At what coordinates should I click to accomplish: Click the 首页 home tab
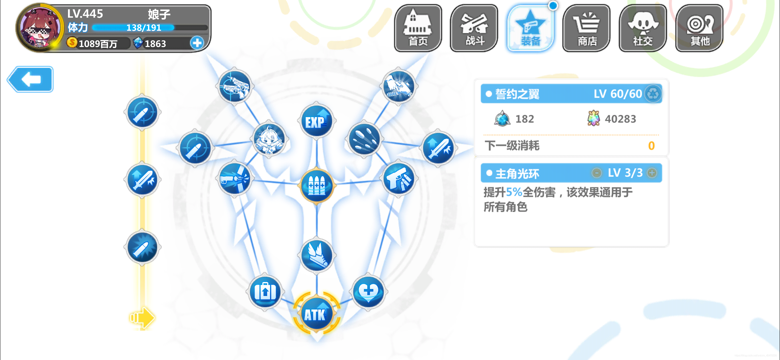tap(418, 28)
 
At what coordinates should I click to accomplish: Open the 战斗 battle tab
tap(474, 28)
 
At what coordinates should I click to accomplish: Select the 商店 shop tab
tap(587, 28)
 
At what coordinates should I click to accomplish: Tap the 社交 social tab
tap(643, 28)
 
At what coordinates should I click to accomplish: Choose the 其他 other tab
tap(699, 28)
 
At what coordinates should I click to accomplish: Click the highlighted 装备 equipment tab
tap(530, 28)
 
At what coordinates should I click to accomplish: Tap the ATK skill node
tap(316, 314)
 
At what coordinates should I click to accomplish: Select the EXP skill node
tap(316, 121)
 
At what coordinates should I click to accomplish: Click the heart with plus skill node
tap(368, 292)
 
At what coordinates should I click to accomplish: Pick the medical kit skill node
tap(265, 292)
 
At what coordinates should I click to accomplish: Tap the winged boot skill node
tap(317, 255)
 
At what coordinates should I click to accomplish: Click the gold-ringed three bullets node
tap(317, 185)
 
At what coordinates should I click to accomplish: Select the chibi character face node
tap(269, 139)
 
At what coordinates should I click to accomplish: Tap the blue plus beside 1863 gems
tap(197, 43)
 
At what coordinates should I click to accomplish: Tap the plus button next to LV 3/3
tap(652, 173)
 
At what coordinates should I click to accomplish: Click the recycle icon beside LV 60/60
tap(653, 94)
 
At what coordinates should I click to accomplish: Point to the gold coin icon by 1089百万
tap(72, 42)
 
